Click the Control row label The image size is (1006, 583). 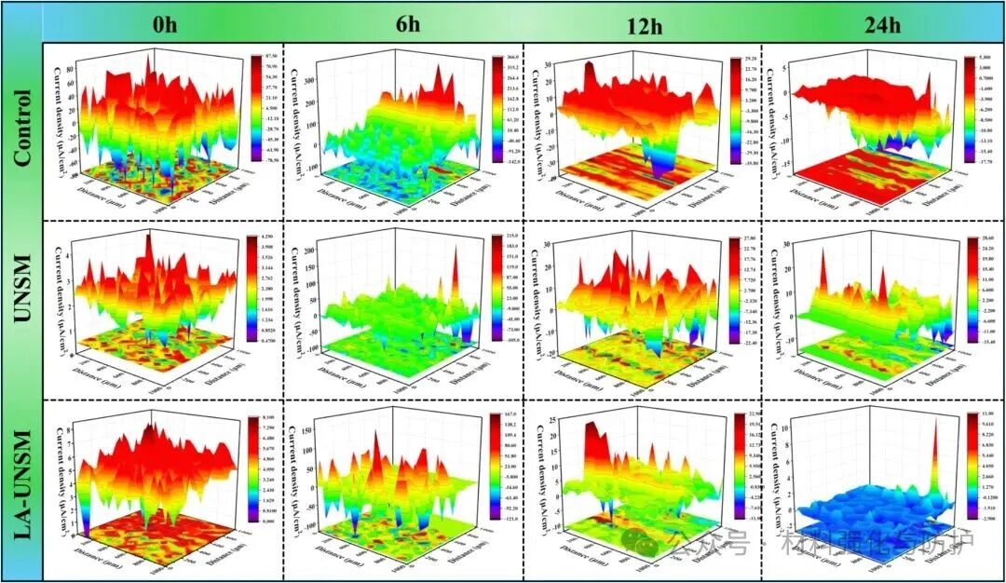[x=22, y=126]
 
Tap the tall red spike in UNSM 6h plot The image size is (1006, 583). [x=456, y=270]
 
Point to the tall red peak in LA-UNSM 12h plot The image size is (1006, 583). [x=592, y=443]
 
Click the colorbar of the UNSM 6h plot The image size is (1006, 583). [x=494, y=285]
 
